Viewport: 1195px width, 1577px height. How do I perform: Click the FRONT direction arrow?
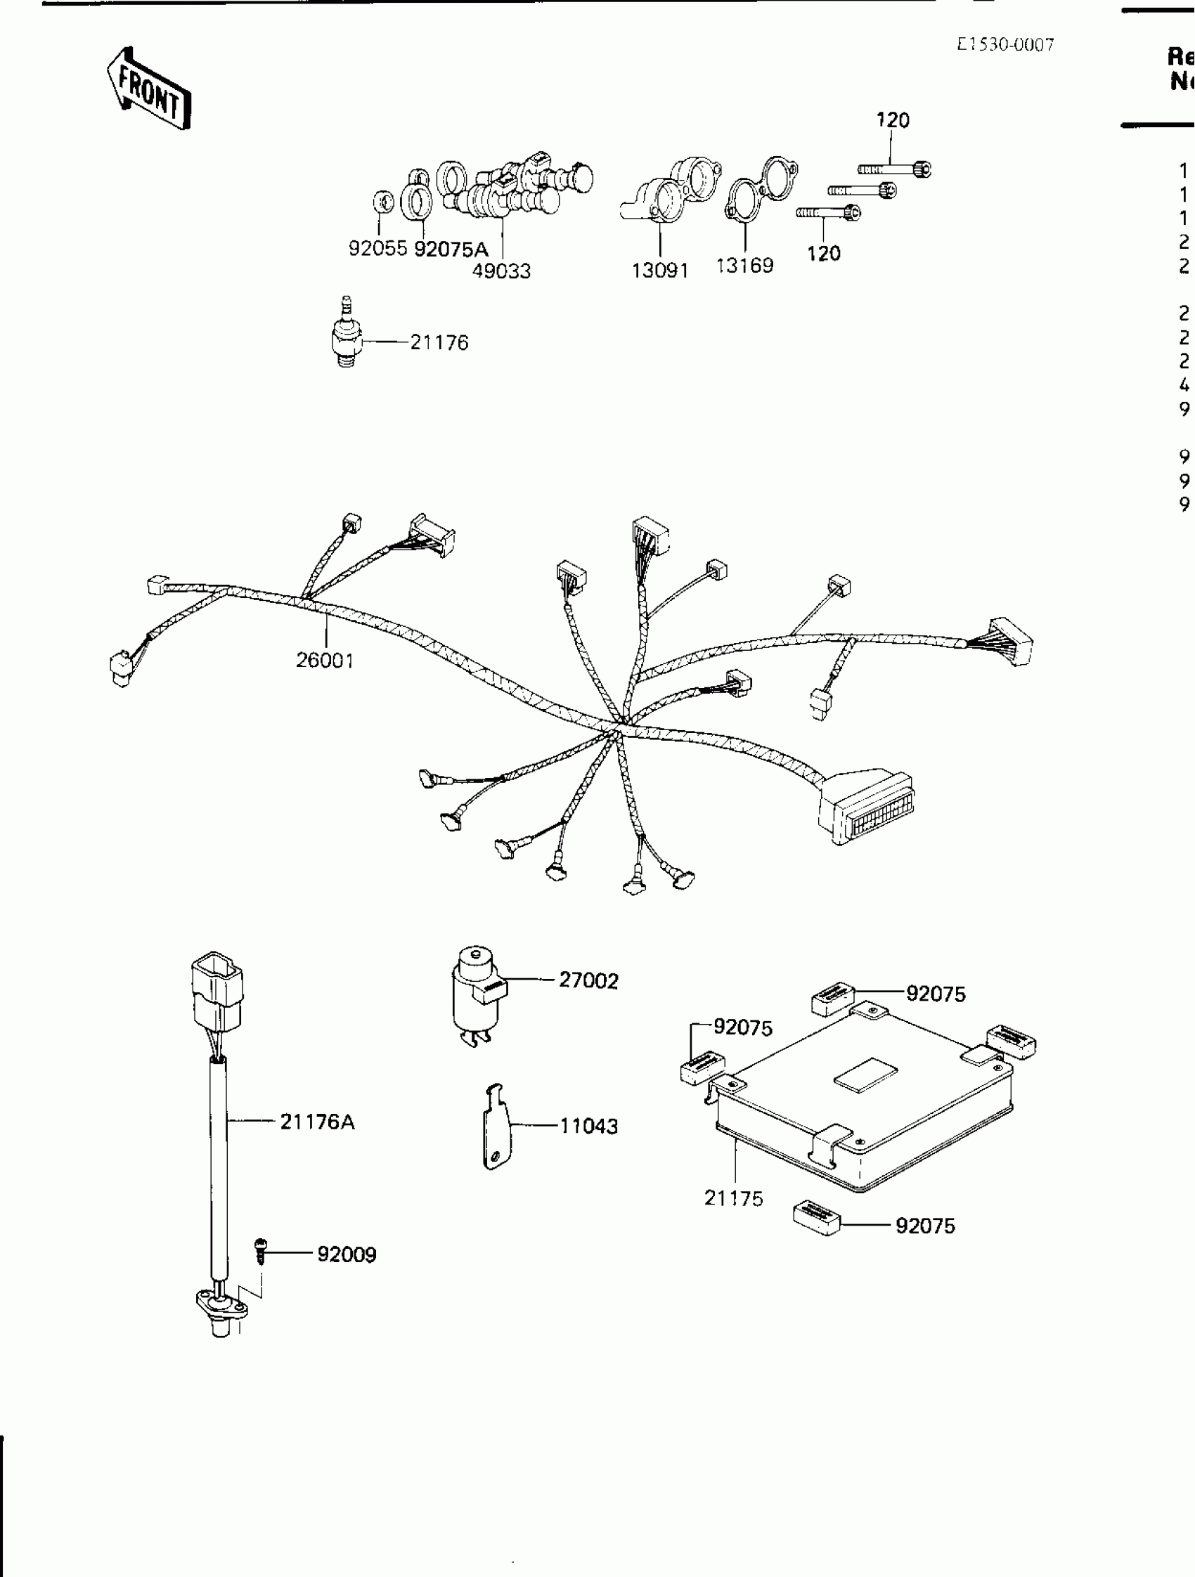point(149,89)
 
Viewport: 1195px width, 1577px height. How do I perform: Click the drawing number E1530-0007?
point(1005,45)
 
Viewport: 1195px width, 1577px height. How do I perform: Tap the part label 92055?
point(377,248)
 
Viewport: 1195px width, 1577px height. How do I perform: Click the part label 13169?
point(744,265)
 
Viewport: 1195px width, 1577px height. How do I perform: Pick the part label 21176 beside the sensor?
point(439,343)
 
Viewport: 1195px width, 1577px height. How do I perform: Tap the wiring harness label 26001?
point(325,660)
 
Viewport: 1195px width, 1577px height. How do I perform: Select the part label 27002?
point(588,980)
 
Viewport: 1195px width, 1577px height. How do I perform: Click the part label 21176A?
point(316,1122)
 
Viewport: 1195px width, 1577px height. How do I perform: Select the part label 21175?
point(734,1198)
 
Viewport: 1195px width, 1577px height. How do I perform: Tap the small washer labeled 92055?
point(384,202)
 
